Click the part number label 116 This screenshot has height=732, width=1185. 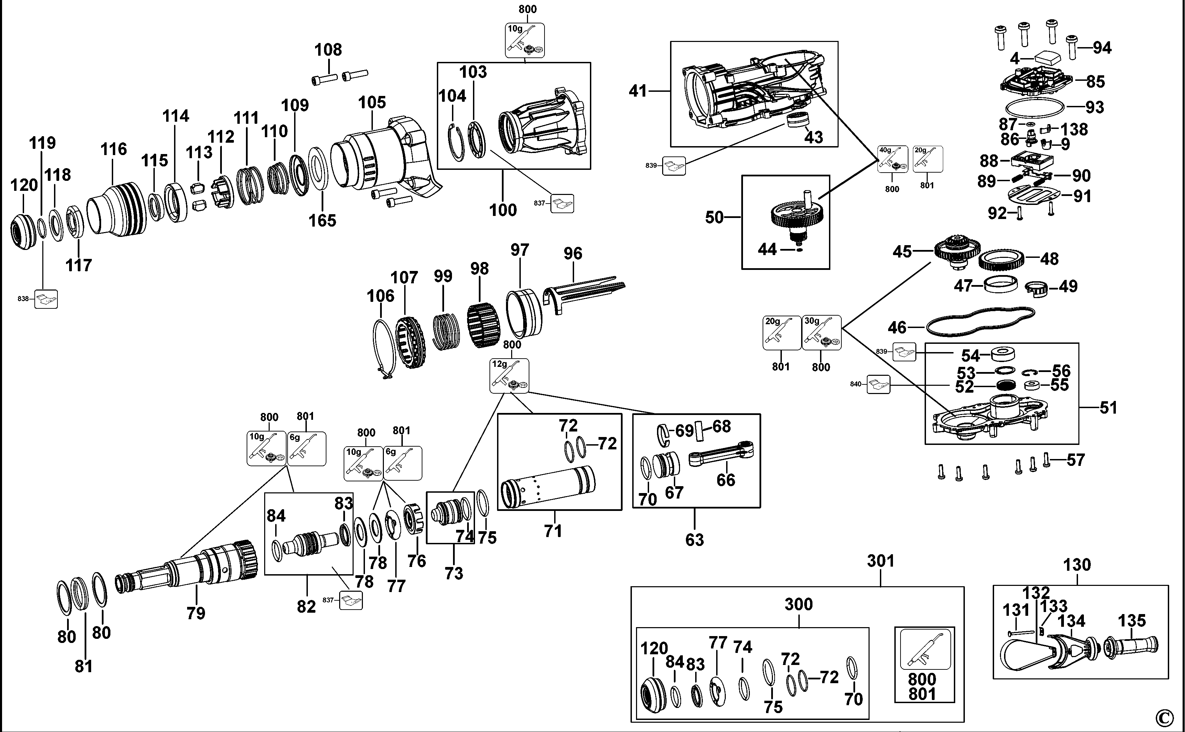[114, 149]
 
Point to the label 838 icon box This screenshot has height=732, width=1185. [46, 299]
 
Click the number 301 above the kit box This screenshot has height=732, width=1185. [880, 561]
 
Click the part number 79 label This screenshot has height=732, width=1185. [196, 613]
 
